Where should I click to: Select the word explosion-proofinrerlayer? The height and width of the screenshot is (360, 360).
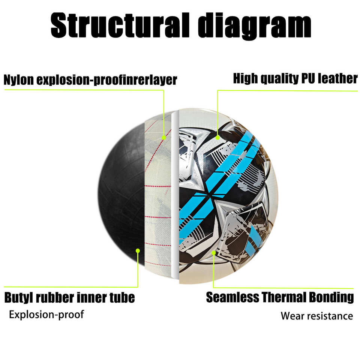[x=107, y=80]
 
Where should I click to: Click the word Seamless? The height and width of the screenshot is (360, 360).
[x=232, y=297]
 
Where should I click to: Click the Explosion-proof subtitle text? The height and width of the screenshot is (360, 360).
[x=46, y=314]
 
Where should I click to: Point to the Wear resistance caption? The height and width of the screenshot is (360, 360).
[x=317, y=316]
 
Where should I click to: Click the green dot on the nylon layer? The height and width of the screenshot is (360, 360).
[x=163, y=138]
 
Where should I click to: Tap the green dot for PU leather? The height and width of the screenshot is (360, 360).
[x=217, y=138]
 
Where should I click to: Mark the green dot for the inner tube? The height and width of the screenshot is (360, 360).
[x=138, y=250]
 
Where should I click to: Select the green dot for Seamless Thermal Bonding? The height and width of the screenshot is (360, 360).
[x=213, y=252]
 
